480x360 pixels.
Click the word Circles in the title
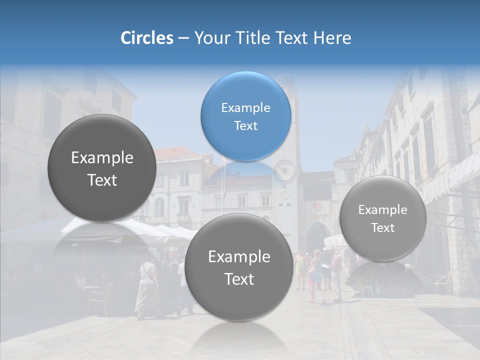pos(146,38)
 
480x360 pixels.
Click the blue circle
pos(245,116)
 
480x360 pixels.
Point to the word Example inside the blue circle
pos(245,108)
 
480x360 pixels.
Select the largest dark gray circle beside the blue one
pos(102,168)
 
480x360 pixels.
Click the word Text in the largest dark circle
pos(102,180)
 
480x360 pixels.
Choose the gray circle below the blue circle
pos(238,267)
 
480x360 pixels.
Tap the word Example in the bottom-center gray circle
pos(238,256)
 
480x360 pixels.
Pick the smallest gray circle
pos(382,218)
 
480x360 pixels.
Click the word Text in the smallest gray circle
pos(382,228)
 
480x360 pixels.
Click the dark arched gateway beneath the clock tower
pos(316,238)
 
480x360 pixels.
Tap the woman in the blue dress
pos(316,275)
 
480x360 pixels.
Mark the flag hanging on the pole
pos(224,175)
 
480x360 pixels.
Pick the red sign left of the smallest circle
pos(318,205)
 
